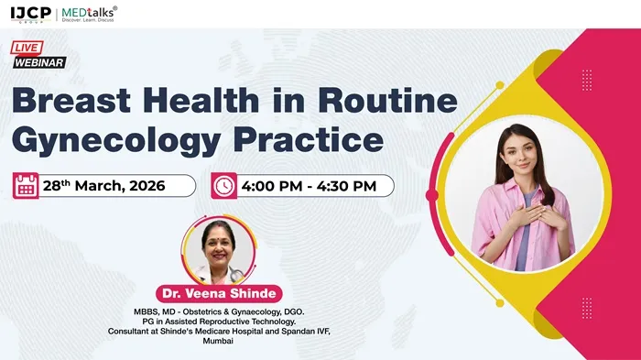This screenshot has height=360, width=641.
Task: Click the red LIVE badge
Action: pyautogui.click(x=27, y=47)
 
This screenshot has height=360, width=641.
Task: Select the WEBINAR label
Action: pyautogui.click(x=40, y=62)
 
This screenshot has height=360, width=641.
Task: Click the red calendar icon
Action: pyautogui.click(x=26, y=186)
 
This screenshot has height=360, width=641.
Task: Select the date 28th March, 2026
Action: pyautogui.click(x=103, y=186)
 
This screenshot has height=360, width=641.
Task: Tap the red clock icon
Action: pyautogui.click(x=223, y=186)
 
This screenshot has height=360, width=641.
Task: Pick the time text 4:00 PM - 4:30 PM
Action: pyautogui.click(x=310, y=186)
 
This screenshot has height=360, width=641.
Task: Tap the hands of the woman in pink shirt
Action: pyautogui.click(x=530, y=213)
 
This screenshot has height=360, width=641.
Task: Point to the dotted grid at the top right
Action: pyautogui.click(x=587, y=80)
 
